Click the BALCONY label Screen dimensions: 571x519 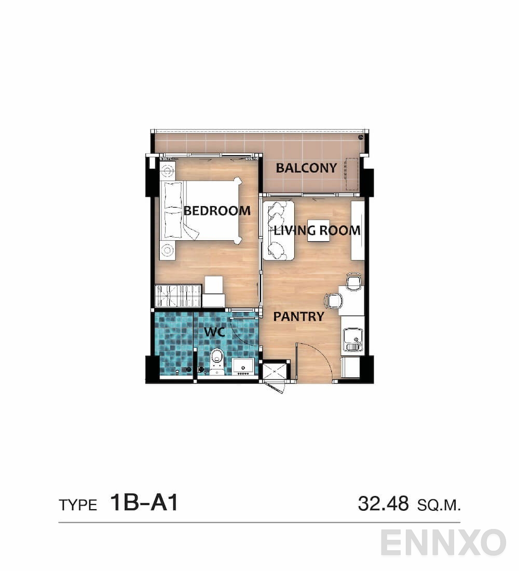click(x=306, y=168)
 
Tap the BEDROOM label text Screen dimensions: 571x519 click(x=217, y=211)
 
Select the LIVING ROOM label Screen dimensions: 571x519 click(x=317, y=230)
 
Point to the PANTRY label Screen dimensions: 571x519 click(x=299, y=316)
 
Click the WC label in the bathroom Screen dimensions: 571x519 click(x=214, y=332)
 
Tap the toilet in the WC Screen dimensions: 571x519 click(x=216, y=361)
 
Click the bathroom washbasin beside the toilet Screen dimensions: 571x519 click(x=243, y=366)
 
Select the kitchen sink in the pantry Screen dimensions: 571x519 click(x=353, y=340)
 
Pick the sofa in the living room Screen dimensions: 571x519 click(x=278, y=230)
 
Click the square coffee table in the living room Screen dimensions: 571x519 click(x=317, y=230)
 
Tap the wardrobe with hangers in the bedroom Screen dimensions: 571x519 click(x=178, y=296)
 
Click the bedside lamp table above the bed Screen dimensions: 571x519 click(x=167, y=170)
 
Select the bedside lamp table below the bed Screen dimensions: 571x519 click(x=167, y=251)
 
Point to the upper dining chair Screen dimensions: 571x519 click(x=353, y=282)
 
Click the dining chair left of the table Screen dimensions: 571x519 click(x=333, y=301)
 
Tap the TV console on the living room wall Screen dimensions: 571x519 click(x=357, y=230)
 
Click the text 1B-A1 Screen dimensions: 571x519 click(x=144, y=502)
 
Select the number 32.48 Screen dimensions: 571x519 click(x=383, y=503)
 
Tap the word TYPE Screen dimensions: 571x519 click(x=78, y=505)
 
